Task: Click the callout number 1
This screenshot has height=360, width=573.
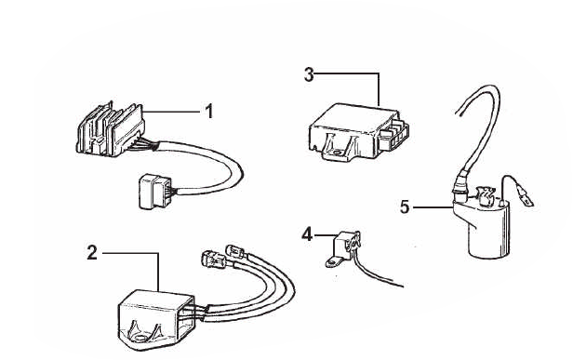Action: [208, 111]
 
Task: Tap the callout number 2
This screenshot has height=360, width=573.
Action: [92, 252]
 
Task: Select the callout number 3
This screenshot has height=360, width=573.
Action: [309, 74]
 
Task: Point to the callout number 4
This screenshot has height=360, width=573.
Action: [307, 234]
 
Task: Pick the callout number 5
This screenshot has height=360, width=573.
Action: [405, 207]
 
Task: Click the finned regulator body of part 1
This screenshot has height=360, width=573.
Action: [110, 129]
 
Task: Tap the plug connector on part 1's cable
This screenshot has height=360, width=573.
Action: [154, 192]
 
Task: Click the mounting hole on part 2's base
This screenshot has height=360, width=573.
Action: [140, 338]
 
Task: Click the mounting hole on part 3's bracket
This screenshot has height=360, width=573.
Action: [337, 153]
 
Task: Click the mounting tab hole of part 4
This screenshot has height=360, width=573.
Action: [331, 262]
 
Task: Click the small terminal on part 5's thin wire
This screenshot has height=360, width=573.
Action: [526, 197]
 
